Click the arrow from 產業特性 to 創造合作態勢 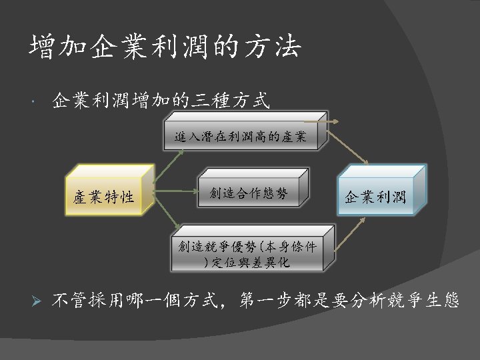tap(176, 194)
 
